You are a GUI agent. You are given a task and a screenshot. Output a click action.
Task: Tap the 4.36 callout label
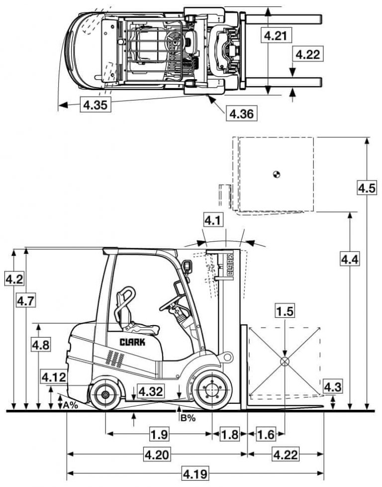(x=242, y=114)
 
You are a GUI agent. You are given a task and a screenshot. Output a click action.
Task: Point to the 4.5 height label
(x=367, y=188)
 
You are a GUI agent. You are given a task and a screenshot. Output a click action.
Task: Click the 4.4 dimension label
(x=350, y=259)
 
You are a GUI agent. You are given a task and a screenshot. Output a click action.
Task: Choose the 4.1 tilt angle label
(x=213, y=220)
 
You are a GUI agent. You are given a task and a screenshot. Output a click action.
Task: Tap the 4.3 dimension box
(x=333, y=386)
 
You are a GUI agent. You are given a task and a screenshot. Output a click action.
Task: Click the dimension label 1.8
(x=229, y=434)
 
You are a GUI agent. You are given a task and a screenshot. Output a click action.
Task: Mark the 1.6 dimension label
(x=267, y=434)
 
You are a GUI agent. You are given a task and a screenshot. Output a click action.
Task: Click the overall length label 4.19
(x=195, y=473)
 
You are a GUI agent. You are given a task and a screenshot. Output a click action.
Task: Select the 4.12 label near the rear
(x=54, y=377)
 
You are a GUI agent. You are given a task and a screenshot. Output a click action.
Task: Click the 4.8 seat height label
(x=40, y=345)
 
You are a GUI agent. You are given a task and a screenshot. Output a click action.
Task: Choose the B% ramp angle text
(x=188, y=418)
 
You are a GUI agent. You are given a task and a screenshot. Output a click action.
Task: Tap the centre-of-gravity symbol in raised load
(x=277, y=174)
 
